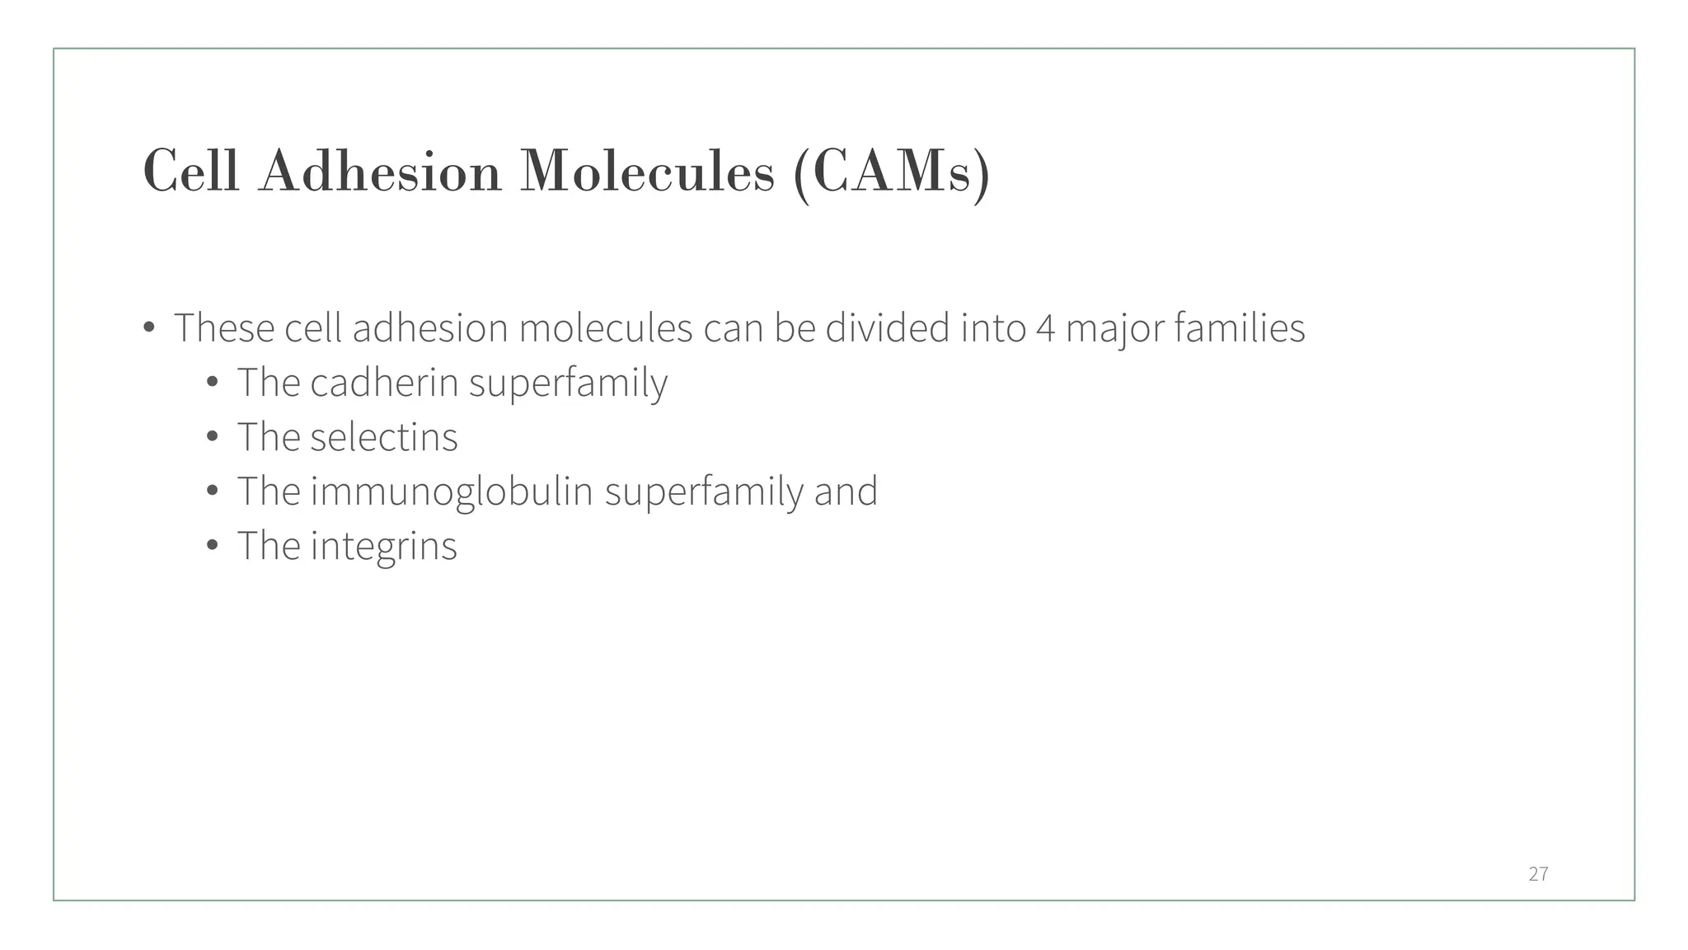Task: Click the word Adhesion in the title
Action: pyautogui.click(x=380, y=172)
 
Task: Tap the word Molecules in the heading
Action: pyautogui.click(x=647, y=172)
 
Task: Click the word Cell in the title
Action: pyautogui.click(x=191, y=172)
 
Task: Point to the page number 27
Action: pyautogui.click(x=1538, y=874)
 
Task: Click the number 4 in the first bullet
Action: pyautogui.click(x=1045, y=328)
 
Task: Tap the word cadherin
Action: pyautogui.click(x=384, y=383)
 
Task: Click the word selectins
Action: pyautogui.click(x=384, y=437)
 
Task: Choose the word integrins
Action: pyautogui.click(x=383, y=546)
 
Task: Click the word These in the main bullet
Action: pyautogui.click(x=224, y=328)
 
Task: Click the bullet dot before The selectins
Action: pyautogui.click(x=213, y=437)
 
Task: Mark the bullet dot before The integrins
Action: pyautogui.click(x=213, y=546)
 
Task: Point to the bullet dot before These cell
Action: pyautogui.click(x=149, y=328)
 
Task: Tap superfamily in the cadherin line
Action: pyautogui.click(x=568, y=383)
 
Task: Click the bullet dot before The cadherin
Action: pyautogui.click(x=213, y=383)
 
